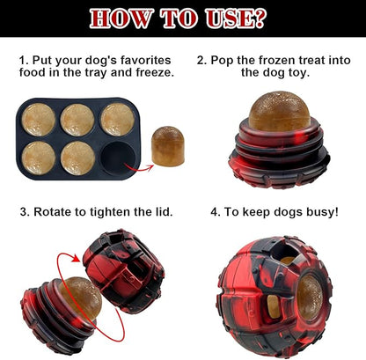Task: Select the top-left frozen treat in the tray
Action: pyautogui.click(x=40, y=119)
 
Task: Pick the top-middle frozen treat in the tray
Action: pyautogui.click(x=78, y=119)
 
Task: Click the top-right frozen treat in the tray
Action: pyautogui.click(x=116, y=119)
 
